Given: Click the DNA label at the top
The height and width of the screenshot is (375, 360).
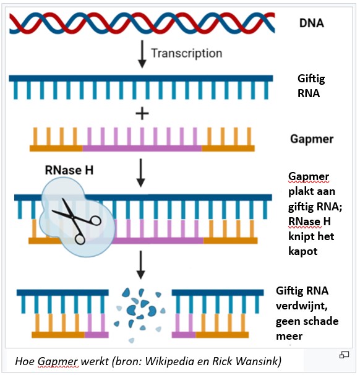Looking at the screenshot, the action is pyautogui.click(x=312, y=23).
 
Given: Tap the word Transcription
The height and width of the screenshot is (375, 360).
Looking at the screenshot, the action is pyautogui.click(x=187, y=53).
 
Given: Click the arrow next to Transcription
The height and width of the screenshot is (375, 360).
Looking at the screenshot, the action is pyautogui.click(x=142, y=54).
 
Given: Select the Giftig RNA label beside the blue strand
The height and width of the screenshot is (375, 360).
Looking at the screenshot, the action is pyautogui.click(x=311, y=86).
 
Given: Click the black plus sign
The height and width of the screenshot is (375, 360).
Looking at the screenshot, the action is pyautogui.click(x=142, y=114).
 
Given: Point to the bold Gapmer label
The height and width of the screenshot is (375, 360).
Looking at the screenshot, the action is pyautogui.click(x=312, y=139).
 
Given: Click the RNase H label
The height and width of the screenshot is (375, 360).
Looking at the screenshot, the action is pyautogui.click(x=69, y=170).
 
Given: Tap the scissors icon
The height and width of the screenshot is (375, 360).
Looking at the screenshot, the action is pyautogui.click(x=77, y=220).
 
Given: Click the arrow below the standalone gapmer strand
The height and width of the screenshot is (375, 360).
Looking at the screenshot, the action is pyautogui.click(x=141, y=173).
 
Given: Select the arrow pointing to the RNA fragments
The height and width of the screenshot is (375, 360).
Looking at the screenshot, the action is pyautogui.click(x=141, y=265).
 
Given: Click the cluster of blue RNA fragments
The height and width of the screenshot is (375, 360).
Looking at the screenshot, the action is pyautogui.click(x=140, y=315).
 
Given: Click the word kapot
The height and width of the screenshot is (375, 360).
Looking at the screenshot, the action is pyautogui.click(x=303, y=252).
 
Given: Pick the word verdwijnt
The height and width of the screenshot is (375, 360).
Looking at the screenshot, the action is pyautogui.click(x=302, y=306).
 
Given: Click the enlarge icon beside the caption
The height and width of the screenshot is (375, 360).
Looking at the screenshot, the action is pyautogui.click(x=344, y=355).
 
